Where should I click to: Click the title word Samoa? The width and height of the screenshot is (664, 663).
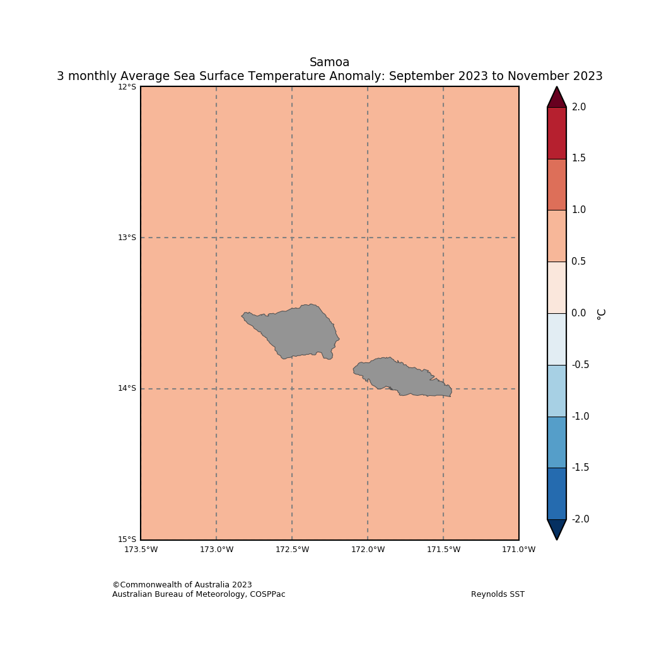pyautogui.click(x=329, y=62)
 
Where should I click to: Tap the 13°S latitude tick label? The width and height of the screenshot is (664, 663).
pyautogui.click(x=127, y=238)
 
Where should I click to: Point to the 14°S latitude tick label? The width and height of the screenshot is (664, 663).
pyautogui.click(x=127, y=388)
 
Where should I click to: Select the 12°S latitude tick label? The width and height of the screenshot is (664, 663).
pyautogui.click(x=127, y=87)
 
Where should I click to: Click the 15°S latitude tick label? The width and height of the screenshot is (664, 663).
pyautogui.click(x=127, y=539)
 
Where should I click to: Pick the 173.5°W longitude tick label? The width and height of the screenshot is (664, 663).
pyautogui.click(x=141, y=550)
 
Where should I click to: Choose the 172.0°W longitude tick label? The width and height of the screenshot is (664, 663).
pyautogui.click(x=368, y=550)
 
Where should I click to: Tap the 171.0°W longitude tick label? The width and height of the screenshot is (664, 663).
pyautogui.click(x=518, y=550)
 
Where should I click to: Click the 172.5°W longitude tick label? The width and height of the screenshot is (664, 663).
pyautogui.click(x=292, y=550)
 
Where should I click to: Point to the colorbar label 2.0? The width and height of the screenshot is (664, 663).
pyautogui.click(x=578, y=107)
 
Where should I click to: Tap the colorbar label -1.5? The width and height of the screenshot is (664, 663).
pyautogui.click(x=580, y=468)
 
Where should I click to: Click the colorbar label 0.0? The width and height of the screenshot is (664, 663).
pyautogui.click(x=578, y=313)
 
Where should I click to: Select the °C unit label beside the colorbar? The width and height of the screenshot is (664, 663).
pyautogui.click(x=602, y=313)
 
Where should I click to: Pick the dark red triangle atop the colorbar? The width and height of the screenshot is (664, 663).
pyautogui.click(x=556, y=98)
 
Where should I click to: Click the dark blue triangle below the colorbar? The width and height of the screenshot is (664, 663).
pyautogui.click(x=556, y=528)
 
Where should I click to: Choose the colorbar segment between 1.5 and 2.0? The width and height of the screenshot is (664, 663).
pyautogui.click(x=556, y=133)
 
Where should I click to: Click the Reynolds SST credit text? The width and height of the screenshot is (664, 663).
pyautogui.click(x=498, y=594)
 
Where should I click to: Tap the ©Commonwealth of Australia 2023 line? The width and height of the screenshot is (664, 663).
pyautogui.click(x=182, y=585)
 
